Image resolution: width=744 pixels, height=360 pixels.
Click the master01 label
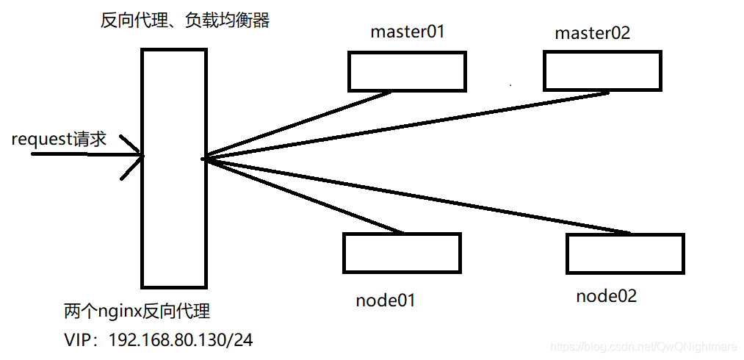click(408, 32)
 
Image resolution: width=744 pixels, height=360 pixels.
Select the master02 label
click(592, 33)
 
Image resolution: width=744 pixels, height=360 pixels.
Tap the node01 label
click(386, 300)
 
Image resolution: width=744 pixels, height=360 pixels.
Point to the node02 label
click(606, 296)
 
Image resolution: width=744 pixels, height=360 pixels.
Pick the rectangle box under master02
click(602, 71)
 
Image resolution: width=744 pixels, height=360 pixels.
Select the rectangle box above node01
click(402, 253)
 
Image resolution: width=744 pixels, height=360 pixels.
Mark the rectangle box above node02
click(625, 253)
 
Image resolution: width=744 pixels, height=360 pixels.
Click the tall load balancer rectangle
click(173, 168)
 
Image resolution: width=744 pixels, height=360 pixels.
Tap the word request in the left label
click(40, 140)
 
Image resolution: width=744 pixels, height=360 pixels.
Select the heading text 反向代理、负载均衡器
click(184, 20)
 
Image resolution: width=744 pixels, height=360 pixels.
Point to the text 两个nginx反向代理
click(137, 312)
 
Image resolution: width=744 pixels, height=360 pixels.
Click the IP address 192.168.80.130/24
click(181, 340)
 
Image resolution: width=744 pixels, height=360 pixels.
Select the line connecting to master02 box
click(404, 126)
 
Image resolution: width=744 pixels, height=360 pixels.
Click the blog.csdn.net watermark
click(643, 346)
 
